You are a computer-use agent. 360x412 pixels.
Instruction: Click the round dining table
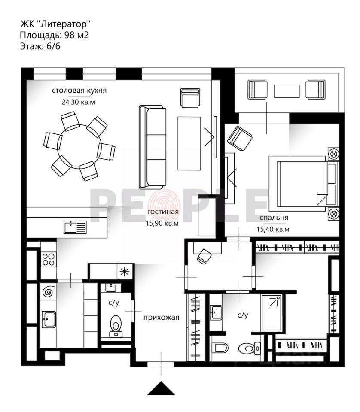tap(79, 145)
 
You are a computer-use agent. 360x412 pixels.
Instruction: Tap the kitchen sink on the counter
tap(75, 226)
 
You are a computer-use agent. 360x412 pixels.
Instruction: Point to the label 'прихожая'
tap(161, 318)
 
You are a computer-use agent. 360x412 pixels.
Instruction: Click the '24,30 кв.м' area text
tap(79, 102)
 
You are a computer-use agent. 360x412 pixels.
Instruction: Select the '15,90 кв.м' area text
tap(162, 223)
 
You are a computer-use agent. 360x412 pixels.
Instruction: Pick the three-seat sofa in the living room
tap(153, 147)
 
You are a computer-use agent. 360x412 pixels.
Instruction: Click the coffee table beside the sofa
tap(189, 143)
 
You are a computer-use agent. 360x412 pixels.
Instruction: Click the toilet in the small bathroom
tap(115, 325)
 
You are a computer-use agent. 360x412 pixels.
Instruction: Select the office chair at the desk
tap(204, 256)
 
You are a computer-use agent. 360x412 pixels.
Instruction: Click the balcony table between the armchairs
tap(287, 91)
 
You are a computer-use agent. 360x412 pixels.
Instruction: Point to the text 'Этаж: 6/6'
tap(40, 47)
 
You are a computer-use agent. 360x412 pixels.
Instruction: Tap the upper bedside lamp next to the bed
tap(333, 154)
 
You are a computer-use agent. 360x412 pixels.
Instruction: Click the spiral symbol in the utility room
tap(48, 293)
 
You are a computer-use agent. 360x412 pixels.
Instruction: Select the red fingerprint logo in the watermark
tap(163, 203)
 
